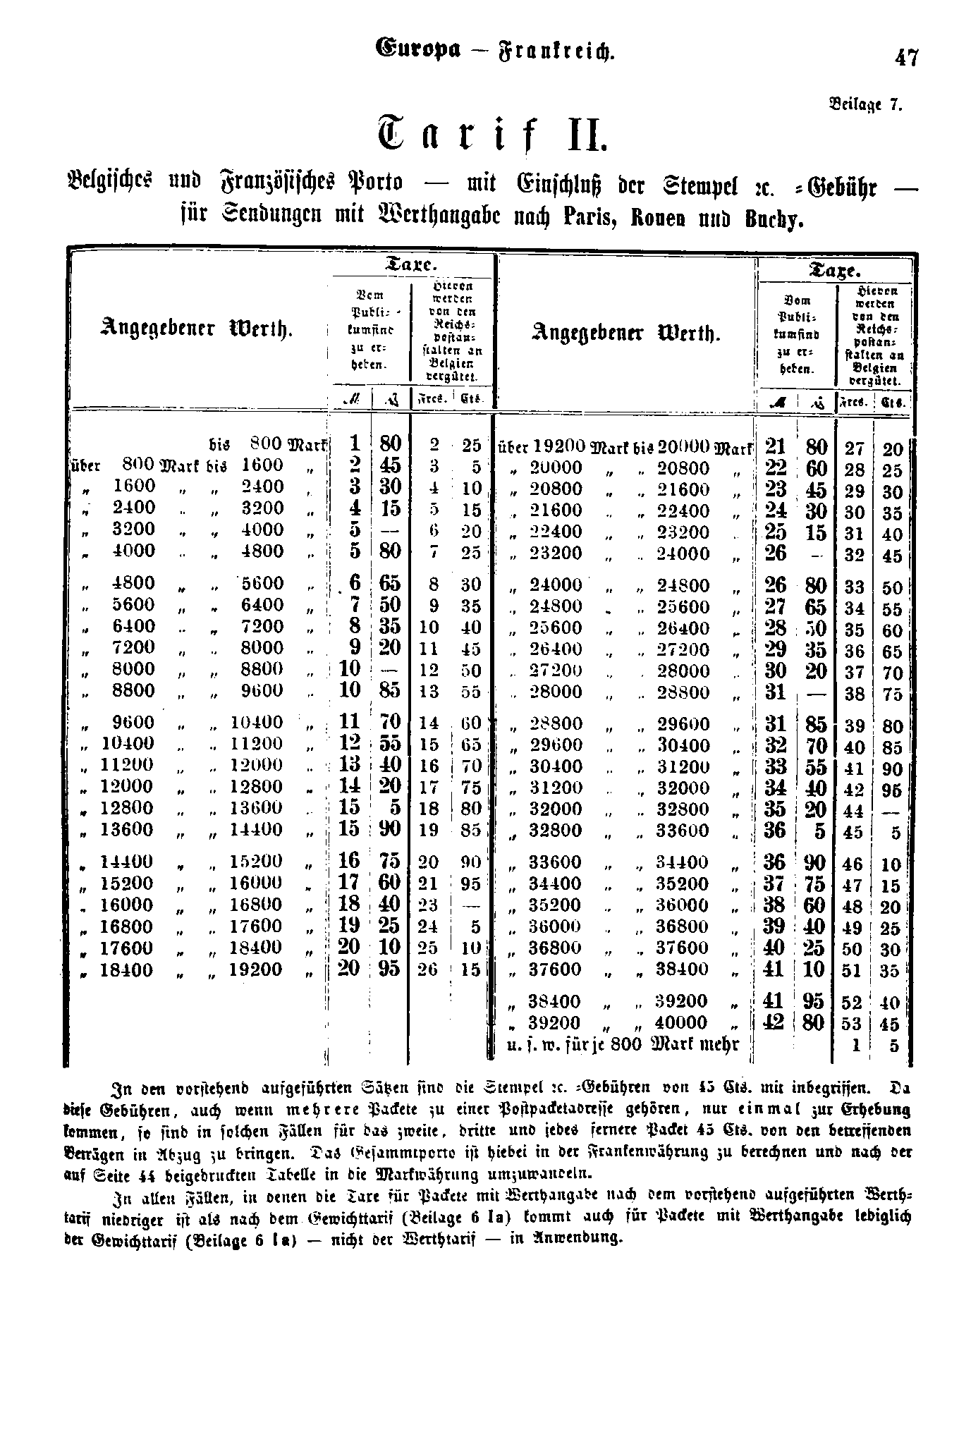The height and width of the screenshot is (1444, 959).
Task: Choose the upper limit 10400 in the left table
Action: click(x=257, y=723)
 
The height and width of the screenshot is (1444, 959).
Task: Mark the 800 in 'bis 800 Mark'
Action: click(x=267, y=444)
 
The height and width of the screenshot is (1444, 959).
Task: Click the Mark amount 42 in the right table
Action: click(x=774, y=1022)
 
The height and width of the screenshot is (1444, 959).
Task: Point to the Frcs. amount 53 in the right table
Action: click(x=853, y=1024)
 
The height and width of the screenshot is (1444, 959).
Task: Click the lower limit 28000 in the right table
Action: click(x=556, y=692)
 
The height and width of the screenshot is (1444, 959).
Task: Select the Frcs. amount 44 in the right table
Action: click(x=853, y=811)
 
